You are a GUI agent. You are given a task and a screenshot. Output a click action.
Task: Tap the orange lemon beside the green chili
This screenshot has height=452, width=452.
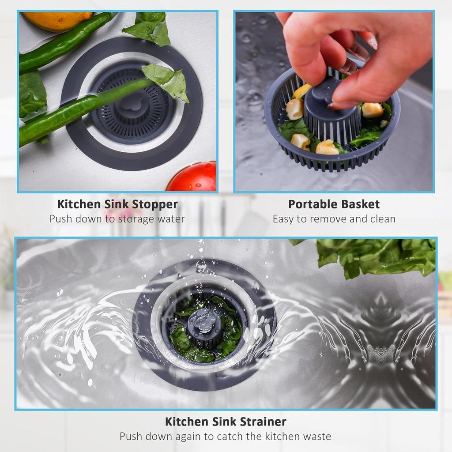[57, 20]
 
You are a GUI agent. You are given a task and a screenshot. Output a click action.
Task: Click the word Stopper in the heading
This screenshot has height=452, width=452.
[155, 204]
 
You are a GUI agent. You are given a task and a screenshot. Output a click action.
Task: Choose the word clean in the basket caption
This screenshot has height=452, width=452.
[382, 219]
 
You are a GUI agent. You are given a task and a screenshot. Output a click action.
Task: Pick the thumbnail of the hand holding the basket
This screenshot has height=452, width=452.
[334, 102]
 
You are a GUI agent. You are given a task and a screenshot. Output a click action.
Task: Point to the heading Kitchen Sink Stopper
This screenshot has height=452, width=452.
[117, 204]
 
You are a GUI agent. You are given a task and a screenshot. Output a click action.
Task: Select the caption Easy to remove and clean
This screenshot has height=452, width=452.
[334, 219]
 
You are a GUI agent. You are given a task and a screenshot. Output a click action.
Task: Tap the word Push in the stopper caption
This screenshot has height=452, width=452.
[60, 219]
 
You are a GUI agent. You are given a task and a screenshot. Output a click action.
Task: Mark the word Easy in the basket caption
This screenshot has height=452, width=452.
[283, 219]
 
